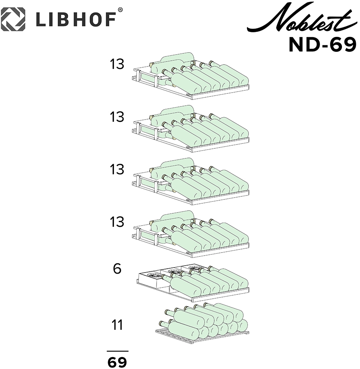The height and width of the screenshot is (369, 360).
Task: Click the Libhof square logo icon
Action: (x=13, y=19)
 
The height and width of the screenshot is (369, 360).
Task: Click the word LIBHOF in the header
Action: (x=76, y=20)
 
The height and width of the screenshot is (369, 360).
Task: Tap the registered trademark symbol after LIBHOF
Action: (x=120, y=10)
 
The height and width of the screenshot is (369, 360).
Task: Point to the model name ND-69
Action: (x=323, y=45)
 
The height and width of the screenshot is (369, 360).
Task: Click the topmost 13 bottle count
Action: (x=117, y=64)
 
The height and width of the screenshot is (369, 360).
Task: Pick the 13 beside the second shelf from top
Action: (x=117, y=117)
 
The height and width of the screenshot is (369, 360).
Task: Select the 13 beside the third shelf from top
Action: (x=117, y=170)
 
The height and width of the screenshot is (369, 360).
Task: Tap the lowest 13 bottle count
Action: (x=117, y=222)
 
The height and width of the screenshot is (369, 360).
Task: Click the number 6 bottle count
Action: (x=117, y=269)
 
